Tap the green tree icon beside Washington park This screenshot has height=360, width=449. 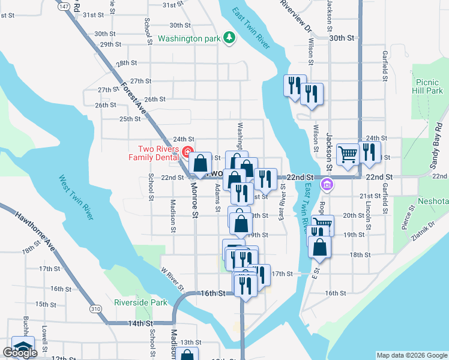229,38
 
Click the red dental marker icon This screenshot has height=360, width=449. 187,151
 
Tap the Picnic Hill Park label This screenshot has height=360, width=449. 428,86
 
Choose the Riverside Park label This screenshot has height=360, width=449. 141,302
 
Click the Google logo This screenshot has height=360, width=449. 20,353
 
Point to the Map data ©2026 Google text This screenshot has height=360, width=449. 411,355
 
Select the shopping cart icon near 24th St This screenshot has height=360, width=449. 348,154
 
